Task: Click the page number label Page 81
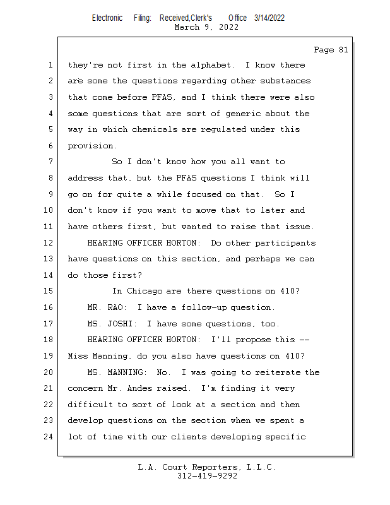tap(330, 50)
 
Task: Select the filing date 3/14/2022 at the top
tap(269, 18)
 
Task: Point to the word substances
tap(288, 81)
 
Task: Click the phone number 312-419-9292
tap(207, 476)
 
